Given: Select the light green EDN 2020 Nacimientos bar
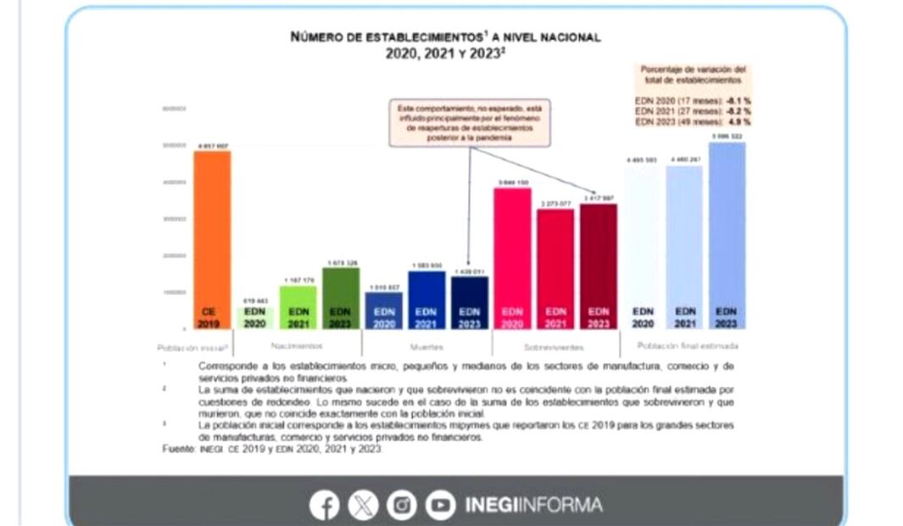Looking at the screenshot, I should (x=254, y=317).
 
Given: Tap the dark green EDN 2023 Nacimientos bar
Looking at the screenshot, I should (x=341, y=298).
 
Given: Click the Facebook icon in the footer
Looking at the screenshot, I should (x=324, y=506).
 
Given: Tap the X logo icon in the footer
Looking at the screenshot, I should (x=363, y=506).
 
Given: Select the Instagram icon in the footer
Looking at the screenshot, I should (x=402, y=506).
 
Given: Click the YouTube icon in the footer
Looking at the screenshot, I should (x=440, y=506).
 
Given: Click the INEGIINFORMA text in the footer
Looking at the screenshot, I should (x=533, y=506).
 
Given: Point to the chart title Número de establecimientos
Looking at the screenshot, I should (x=445, y=37).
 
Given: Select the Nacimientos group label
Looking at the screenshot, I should (x=298, y=346).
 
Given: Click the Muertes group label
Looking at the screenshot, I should (x=426, y=346).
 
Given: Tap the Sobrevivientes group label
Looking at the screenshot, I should (x=555, y=346).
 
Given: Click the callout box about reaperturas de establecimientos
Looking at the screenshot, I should (x=470, y=123).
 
